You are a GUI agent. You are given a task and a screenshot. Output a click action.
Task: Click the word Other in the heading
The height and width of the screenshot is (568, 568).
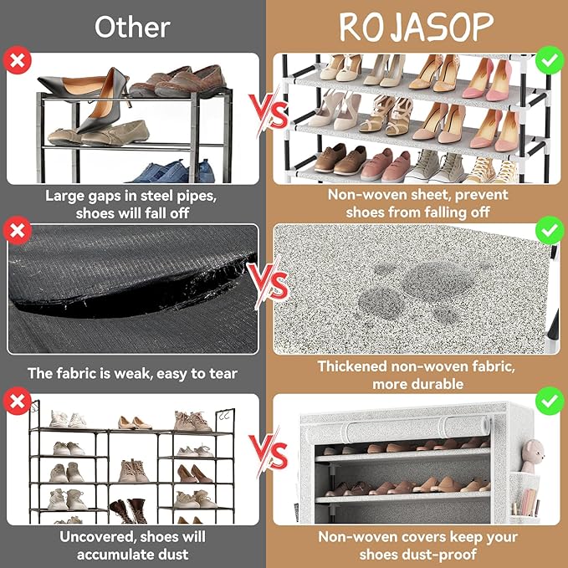pos(132,27)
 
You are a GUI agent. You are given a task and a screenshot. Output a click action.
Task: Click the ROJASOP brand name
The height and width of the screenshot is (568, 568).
pos(417,27)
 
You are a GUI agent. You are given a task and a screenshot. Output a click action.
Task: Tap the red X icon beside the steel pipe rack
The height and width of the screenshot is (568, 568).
pos(17,60)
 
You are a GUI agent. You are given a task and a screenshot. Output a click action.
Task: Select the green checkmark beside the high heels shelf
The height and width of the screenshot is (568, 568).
pos(550,60)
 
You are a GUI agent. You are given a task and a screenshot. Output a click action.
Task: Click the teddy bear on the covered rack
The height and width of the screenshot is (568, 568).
pos(532,455)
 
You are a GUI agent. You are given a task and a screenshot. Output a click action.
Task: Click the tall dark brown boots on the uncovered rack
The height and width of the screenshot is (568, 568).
pos(129,511)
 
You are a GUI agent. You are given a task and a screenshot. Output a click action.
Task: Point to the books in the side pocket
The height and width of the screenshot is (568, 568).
pos(527,502)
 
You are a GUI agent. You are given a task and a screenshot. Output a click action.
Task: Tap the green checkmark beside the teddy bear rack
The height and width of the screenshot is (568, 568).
pos(550,401)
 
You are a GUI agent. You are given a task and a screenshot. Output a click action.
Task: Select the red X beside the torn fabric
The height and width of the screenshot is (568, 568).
pos(17,230)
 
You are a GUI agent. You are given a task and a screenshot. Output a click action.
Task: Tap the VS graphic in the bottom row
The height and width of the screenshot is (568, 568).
pos(270,453)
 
